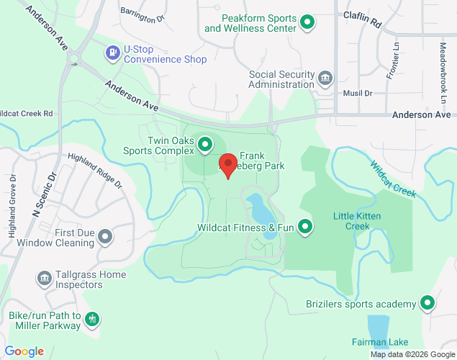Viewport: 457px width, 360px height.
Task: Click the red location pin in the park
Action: [228, 165]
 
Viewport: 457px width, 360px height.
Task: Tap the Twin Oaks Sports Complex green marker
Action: [205, 145]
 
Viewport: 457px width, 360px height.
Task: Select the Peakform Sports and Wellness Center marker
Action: [308, 22]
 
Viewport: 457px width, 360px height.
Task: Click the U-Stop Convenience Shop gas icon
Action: [112, 53]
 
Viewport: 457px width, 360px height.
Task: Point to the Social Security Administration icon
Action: [325, 78]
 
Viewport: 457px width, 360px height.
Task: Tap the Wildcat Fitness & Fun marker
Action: [305, 228]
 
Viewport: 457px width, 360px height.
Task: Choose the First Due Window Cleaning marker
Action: [106, 237]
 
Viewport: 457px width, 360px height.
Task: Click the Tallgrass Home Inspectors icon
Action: [44, 278]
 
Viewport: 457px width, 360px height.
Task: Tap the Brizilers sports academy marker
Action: [427, 303]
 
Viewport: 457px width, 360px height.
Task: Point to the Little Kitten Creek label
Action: [352, 221]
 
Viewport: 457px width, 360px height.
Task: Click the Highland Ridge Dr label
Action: [95, 171]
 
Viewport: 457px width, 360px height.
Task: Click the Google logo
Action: [24, 351]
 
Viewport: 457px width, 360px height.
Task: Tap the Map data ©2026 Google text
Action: [412, 354]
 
